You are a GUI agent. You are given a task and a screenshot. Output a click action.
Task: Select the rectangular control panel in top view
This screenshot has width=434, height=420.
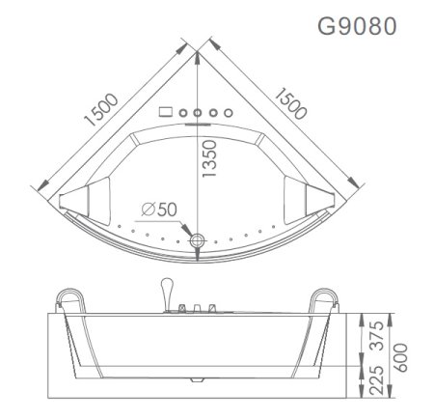click(164, 111)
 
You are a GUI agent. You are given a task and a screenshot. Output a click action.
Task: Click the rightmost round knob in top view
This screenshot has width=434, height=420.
click(228, 112)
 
